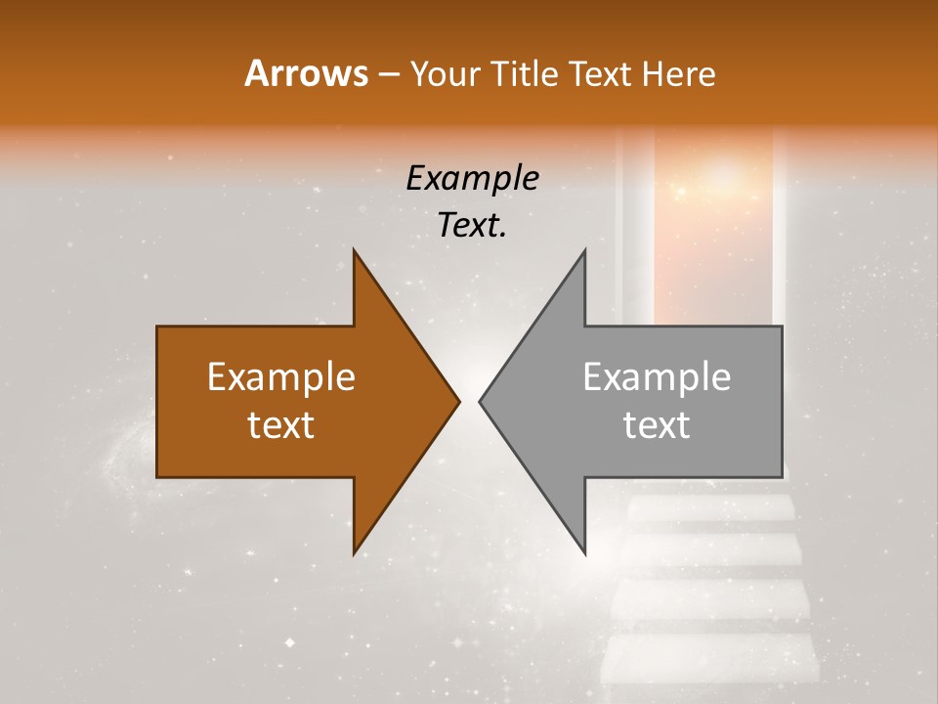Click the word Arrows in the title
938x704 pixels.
(x=306, y=73)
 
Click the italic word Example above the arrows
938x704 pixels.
(x=473, y=179)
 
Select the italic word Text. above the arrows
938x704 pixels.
(x=473, y=226)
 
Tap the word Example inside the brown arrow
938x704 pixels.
(x=281, y=377)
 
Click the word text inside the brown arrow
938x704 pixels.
(x=281, y=425)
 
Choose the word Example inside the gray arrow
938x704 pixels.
(x=657, y=377)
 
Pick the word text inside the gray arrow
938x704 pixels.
(x=657, y=425)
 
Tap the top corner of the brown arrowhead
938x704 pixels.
(x=355, y=252)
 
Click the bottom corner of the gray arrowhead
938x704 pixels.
(x=584, y=552)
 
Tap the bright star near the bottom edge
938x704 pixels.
(x=289, y=642)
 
